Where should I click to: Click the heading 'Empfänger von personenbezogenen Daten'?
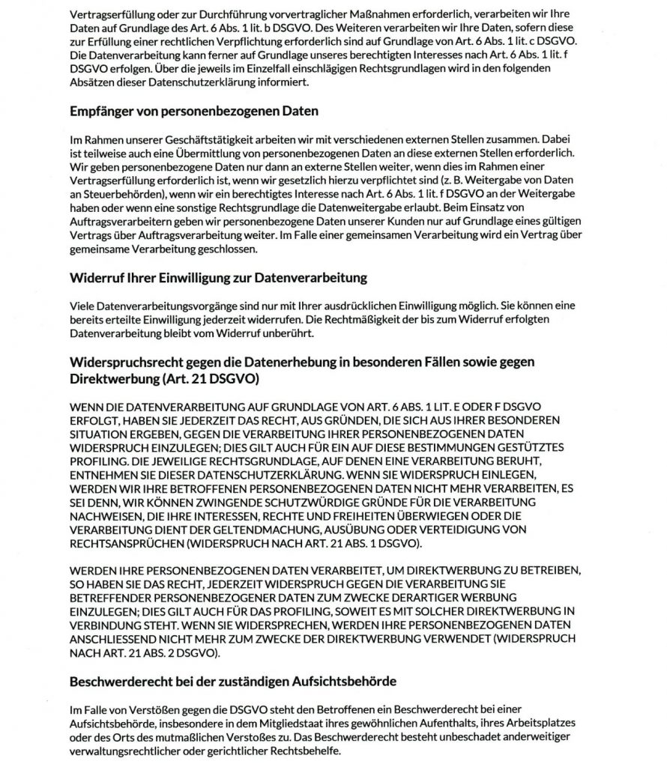(x=195, y=112)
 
